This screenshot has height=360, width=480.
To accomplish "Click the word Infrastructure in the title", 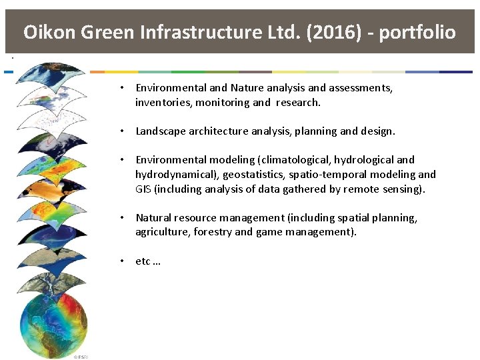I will click(216, 32).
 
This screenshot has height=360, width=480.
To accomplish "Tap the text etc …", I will click(148, 261).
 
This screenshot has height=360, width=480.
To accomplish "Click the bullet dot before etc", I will click(123, 261).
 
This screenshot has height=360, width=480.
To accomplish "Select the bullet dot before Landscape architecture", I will click(123, 131).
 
